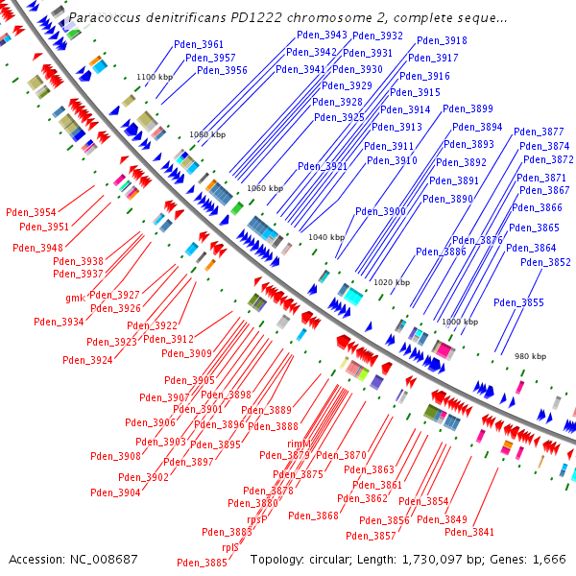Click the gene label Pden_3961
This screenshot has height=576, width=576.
click(199, 45)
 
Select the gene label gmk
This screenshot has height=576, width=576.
click(75, 298)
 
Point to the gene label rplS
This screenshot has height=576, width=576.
click(229, 548)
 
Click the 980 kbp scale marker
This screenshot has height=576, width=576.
click(530, 356)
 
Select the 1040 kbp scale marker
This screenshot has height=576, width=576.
click(324, 237)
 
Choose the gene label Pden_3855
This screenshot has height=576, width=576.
click(518, 303)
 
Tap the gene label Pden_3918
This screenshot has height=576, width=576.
click(443, 41)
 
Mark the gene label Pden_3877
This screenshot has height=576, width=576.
click(539, 132)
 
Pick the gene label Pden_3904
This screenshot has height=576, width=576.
click(116, 492)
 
